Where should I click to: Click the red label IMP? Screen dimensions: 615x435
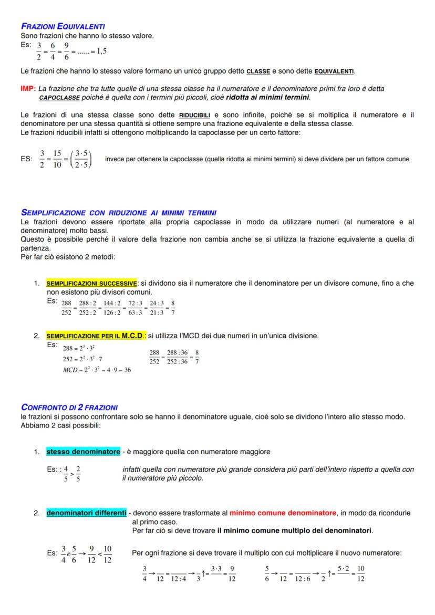tap(28, 89)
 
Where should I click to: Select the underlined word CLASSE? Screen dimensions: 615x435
tap(258, 71)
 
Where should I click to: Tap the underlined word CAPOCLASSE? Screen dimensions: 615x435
tap(59, 97)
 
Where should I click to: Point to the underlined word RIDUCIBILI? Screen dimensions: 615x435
tap(194, 116)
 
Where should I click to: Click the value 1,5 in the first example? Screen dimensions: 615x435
tap(99, 51)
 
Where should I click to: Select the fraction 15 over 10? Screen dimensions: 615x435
tap(57, 159)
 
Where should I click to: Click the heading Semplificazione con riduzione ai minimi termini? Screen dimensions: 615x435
tap(118, 213)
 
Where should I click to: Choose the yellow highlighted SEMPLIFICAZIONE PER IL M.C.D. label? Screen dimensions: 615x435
tap(96, 336)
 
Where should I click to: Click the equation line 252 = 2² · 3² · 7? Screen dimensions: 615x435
tap(82, 359)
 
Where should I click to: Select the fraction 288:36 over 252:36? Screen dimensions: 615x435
tap(177, 357)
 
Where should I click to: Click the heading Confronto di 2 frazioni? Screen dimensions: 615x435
tap(69, 407)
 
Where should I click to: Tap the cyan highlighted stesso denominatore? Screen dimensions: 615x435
tap(83, 451)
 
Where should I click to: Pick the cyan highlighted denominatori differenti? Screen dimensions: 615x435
tap(86, 513)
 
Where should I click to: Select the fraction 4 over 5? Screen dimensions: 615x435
tap(66, 474)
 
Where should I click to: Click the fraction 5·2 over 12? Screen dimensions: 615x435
tap(344, 574)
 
